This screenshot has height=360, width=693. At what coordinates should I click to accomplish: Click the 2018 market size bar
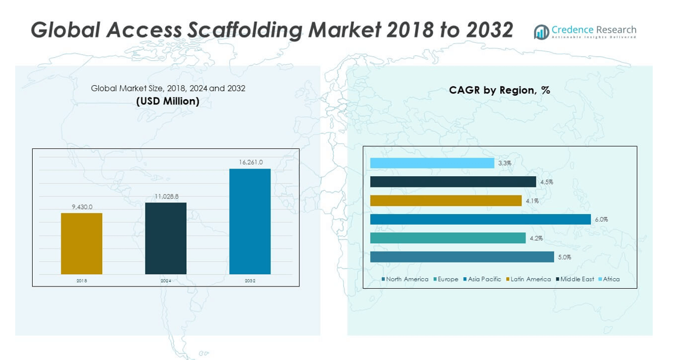click(x=81, y=243)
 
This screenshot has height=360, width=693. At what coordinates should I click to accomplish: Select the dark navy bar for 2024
click(x=166, y=238)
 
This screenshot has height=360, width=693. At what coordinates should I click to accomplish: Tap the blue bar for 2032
click(x=250, y=221)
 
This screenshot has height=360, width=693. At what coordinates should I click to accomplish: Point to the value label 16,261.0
click(x=250, y=162)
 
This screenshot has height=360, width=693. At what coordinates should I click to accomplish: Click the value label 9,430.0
click(x=81, y=206)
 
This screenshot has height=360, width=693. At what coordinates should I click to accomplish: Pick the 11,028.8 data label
click(x=166, y=197)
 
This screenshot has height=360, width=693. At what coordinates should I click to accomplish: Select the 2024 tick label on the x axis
click(x=166, y=281)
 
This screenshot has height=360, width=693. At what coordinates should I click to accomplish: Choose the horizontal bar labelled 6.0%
click(x=480, y=219)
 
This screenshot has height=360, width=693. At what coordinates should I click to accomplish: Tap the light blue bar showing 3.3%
click(x=432, y=163)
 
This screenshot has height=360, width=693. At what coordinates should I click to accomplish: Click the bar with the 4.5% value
click(x=453, y=182)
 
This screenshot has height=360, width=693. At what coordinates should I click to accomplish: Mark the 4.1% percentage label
click(x=532, y=201)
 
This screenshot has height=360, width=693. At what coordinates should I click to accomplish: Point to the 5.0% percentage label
click(x=564, y=257)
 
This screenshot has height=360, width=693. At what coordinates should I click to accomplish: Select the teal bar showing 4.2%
click(x=448, y=238)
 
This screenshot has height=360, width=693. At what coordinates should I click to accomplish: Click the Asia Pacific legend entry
click(x=482, y=279)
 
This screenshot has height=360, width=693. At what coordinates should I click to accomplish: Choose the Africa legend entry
click(x=609, y=279)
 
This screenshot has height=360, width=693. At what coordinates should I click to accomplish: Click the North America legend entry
click(x=405, y=279)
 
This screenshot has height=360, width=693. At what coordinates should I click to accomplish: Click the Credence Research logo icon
click(x=541, y=32)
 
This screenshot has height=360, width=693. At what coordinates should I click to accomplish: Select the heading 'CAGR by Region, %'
click(x=499, y=90)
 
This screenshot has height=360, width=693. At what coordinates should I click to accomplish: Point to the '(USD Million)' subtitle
click(x=168, y=101)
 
